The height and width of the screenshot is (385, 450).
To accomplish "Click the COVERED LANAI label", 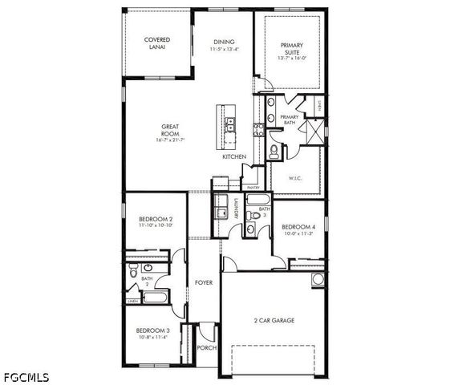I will coord(156,43).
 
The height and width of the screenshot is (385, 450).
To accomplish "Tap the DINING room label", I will coord(224,46).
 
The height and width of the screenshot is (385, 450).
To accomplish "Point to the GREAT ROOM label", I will coord(171,133).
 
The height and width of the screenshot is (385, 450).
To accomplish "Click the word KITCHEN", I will coord(234,157).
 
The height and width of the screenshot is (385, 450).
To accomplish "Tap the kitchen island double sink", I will coord(230,124).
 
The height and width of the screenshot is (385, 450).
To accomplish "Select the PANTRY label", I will coord(252,187).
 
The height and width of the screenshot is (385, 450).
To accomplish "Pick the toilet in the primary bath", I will coord(274,150).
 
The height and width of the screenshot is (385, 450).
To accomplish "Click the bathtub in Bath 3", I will coord(258,200).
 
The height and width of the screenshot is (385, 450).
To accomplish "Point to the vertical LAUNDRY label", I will coord(237,209).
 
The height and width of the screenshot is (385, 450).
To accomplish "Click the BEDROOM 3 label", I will coord(152,334).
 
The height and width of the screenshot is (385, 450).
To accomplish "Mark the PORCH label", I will coord(207,348).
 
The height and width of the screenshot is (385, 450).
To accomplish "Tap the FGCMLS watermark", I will coord(26,375).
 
